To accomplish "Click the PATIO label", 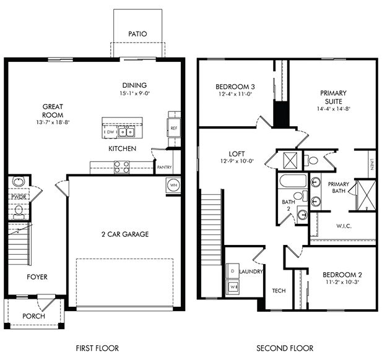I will pyautogui.click(x=137, y=33).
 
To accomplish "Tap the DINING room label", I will pyautogui.click(x=134, y=85).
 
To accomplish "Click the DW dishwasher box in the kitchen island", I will pyautogui.click(x=110, y=132).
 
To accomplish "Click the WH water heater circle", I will pyautogui.click(x=173, y=185).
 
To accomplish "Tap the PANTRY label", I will pyautogui.click(x=165, y=167).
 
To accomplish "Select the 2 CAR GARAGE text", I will pyautogui.click(x=126, y=234).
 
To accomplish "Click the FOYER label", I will pyautogui.click(x=37, y=276).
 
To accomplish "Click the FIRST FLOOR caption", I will pyautogui.click(x=97, y=348).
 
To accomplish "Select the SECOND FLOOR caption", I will pyautogui.click(x=285, y=348).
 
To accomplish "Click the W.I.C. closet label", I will pyautogui.click(x=344, y=226).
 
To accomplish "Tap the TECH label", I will pyautogui.click(x=279, y=290).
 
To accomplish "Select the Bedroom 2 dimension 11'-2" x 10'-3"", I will pyautogui.click(x=341, y=282).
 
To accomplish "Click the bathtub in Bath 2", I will pyautogui.click(x=290, y=182).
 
